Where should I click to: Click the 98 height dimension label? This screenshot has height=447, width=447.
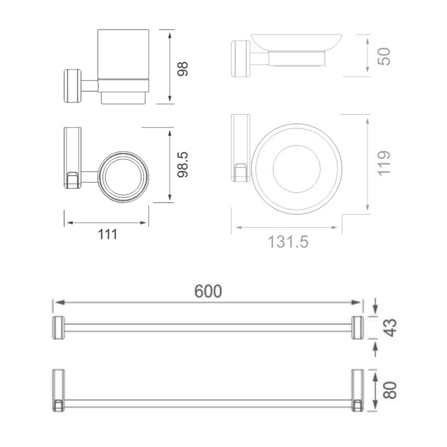pos(182,69)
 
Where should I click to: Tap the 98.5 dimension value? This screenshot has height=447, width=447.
pos(182,165)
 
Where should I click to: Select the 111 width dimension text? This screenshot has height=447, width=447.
pos(107,234)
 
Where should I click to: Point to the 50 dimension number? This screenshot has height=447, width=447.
pos(384,56)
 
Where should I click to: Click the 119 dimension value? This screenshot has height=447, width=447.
pos(384,163)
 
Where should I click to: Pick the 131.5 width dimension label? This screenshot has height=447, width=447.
pos(288,242)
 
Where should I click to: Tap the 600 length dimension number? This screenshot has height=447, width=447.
pos(208,291)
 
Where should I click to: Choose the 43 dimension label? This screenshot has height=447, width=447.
pos(390,328)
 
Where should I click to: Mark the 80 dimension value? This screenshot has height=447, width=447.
pos(390,390)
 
